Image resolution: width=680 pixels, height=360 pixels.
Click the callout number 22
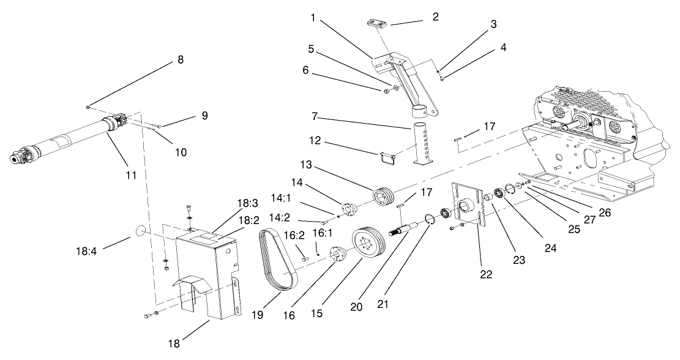[486, 274]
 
